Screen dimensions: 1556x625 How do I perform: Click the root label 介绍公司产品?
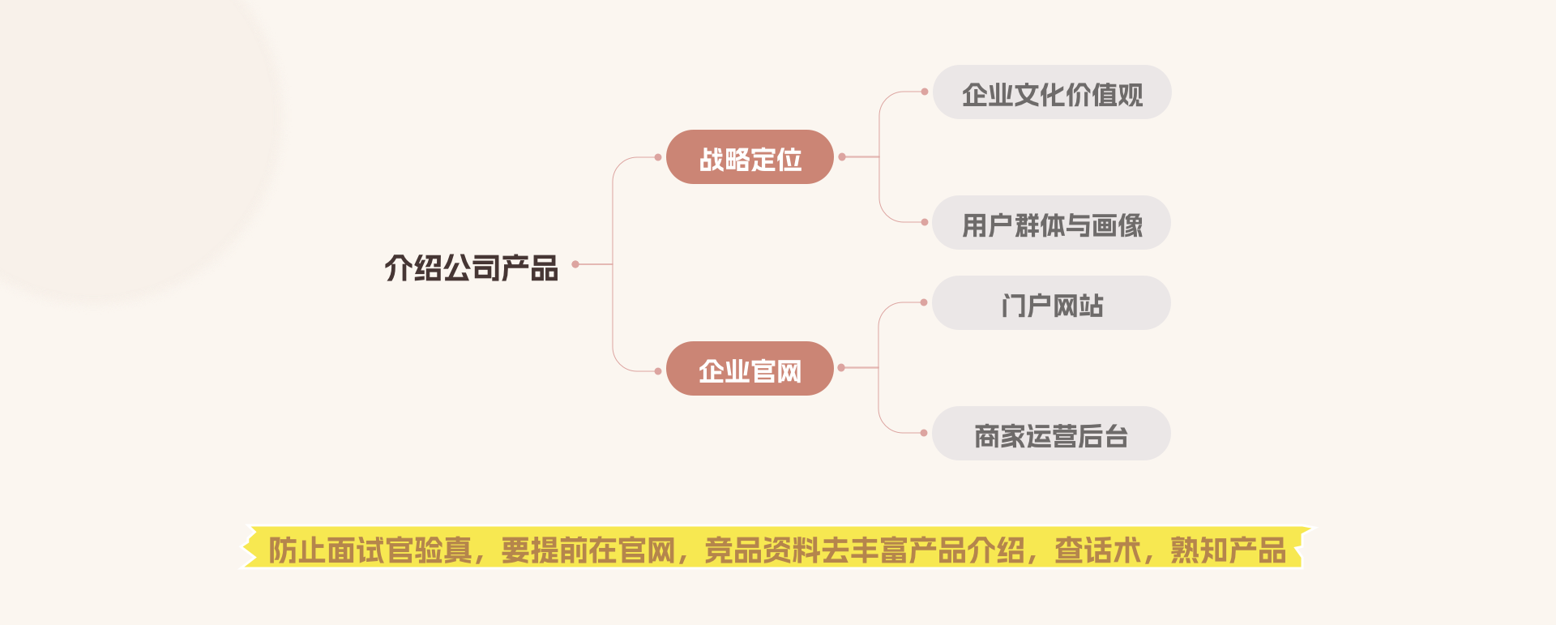tap(471, 268)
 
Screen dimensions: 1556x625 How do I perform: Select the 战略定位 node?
tap(750, 157)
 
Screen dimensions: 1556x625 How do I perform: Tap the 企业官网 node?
tap(750, 369)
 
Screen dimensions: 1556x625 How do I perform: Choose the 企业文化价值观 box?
tap(1052, 92)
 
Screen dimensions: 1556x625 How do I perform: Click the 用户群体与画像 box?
tap(1051, 223)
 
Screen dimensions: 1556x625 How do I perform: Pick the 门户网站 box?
tap(1051, 303)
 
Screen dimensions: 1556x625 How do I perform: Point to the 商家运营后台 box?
tap(1051, 434)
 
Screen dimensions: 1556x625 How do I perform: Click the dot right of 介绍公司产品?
tap(575, 264)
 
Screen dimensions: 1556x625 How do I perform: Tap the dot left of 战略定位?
tap(658, 157)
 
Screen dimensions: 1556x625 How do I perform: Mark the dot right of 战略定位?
tap(842, 156)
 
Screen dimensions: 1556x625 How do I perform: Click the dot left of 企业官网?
tap(658, 371)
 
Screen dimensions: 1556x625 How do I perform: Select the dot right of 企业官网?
tap(841, 368)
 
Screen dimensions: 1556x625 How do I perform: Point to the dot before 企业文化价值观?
tap(925, 92)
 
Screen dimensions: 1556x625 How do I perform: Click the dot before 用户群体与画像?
tap(925, 222)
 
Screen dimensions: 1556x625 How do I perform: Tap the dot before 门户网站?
tap(924, 302)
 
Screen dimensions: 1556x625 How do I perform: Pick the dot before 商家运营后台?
tap(924, 433)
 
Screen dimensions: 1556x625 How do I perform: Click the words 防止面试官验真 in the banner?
tap(370, 550)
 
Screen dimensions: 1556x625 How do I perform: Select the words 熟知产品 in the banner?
tap(1228, 550)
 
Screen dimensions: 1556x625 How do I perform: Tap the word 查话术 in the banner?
tap(1097, 550)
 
